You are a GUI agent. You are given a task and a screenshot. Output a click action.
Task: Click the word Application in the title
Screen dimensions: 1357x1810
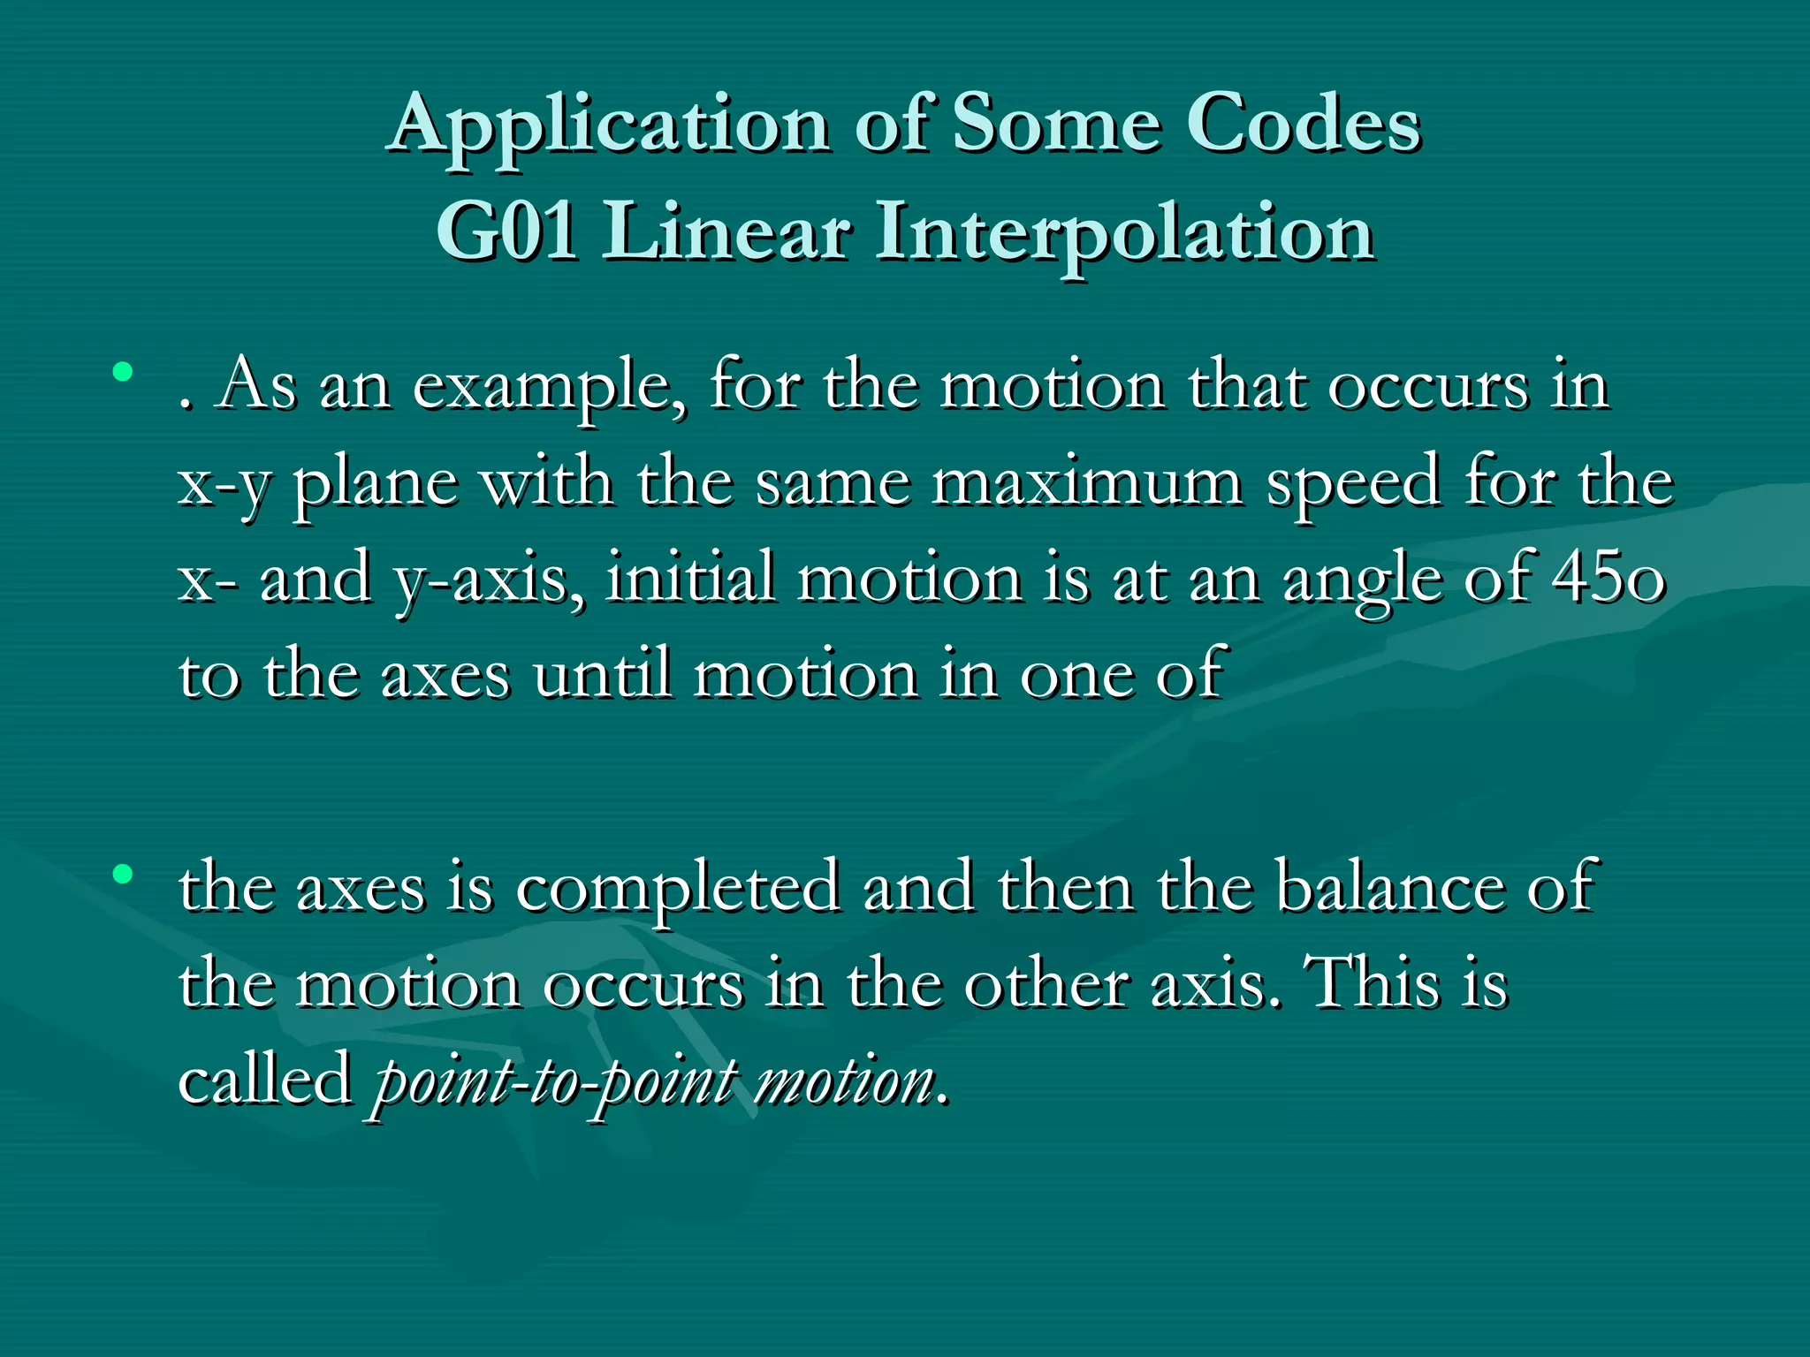pos(610,125)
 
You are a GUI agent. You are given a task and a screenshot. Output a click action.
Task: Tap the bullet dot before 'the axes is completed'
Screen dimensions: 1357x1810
pos(123,875)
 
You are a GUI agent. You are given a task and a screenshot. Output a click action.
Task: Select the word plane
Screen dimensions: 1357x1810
pos(376,484)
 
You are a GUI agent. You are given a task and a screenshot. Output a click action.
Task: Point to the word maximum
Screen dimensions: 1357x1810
pos(1086,484)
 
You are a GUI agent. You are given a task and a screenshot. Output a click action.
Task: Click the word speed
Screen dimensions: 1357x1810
pos(1353,484)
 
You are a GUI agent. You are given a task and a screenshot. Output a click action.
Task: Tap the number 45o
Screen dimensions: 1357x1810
pos(1608,580)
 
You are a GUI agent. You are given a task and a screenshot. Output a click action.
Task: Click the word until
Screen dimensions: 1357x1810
pos(602,675)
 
